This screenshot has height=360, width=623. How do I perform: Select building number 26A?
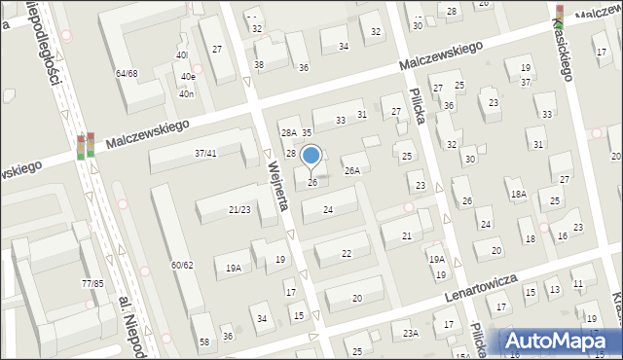352,170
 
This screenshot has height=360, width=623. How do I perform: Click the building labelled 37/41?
205,153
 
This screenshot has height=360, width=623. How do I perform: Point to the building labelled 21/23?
239,209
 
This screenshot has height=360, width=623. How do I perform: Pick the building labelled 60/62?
182,265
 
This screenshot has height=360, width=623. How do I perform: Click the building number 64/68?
127,73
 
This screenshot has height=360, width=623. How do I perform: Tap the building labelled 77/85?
92,283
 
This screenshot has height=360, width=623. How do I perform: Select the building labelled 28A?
288,132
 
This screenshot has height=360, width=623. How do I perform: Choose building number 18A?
519,195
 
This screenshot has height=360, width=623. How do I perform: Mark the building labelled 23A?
411,333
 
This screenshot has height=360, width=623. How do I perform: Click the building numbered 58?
204,342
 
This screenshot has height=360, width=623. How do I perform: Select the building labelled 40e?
187,76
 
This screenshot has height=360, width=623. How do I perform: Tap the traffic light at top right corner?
558,14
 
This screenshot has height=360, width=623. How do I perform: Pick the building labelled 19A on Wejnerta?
234,268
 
